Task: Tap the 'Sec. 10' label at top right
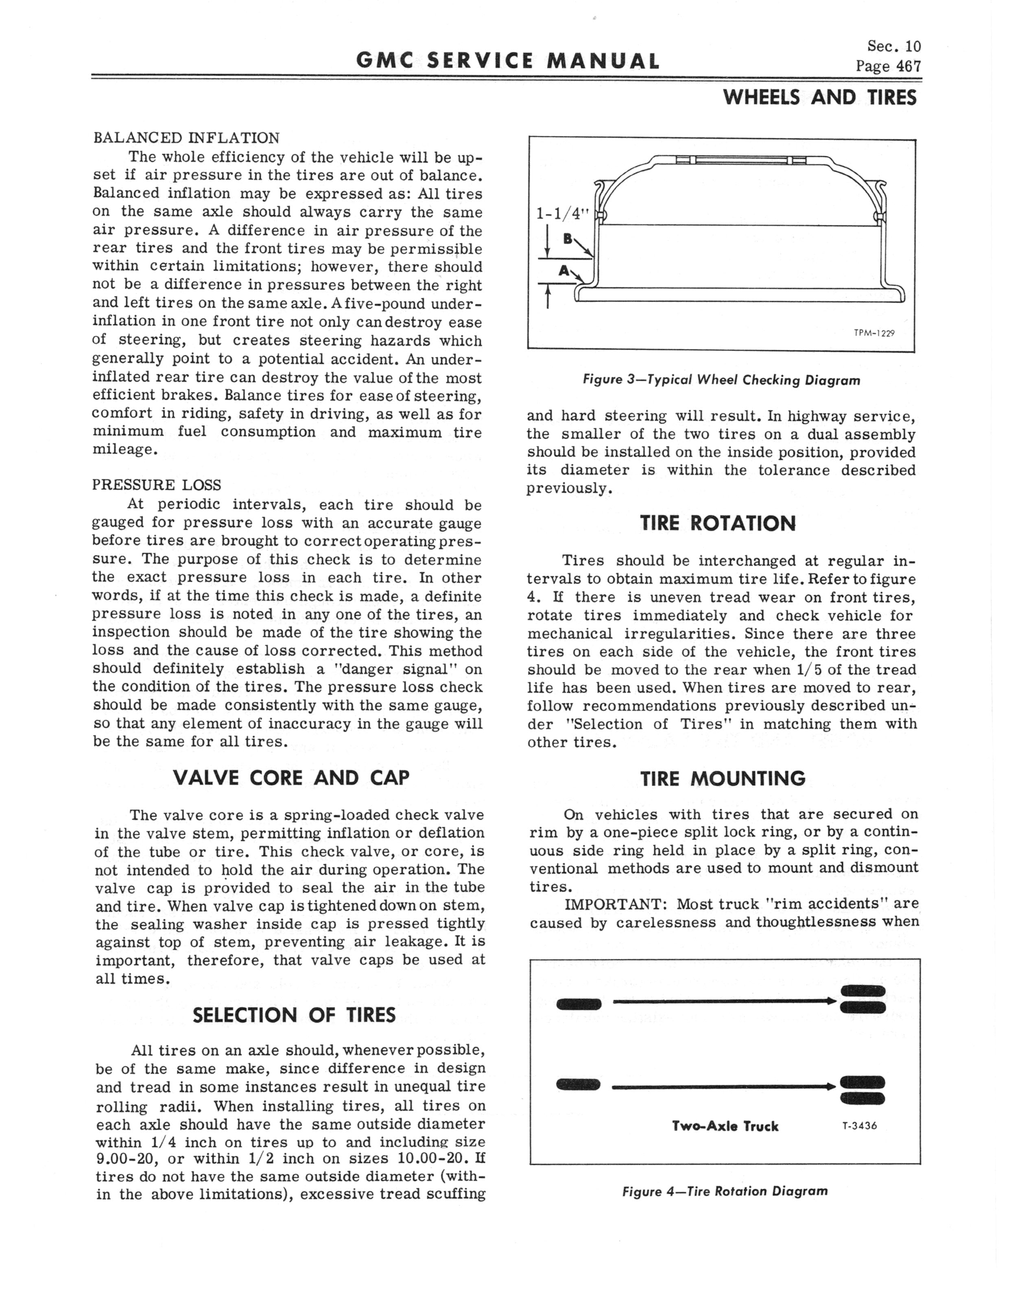pos(894,47)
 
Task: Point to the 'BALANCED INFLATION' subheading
pos(186,138)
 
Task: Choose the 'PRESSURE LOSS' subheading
pos(157,485)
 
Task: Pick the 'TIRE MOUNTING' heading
pos(723,778)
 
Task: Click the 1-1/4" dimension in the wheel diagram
pos(563,213)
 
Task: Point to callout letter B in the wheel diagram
pos(567,239)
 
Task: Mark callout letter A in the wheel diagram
pos(563,271)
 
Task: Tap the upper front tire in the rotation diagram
pos(579,1004)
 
